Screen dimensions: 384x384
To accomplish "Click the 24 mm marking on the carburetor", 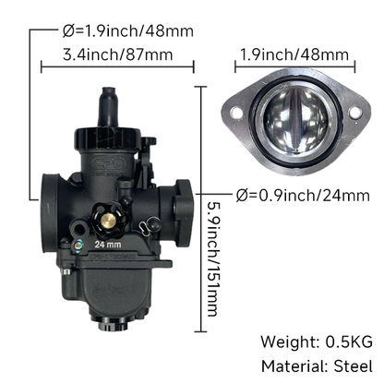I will [x=108, y=246].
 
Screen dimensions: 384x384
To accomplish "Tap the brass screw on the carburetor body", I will [x=106, y=223].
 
